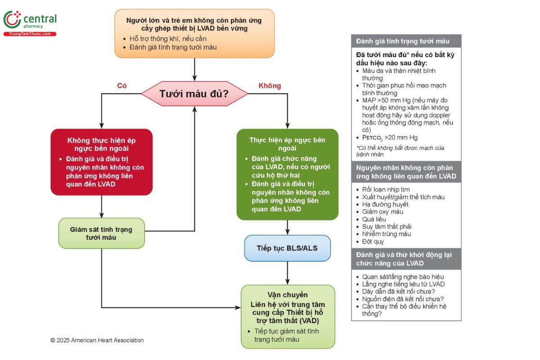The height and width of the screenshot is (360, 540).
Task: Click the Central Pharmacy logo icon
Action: pos(12,20)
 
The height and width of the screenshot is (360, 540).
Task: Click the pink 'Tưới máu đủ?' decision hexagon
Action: pos(194,94)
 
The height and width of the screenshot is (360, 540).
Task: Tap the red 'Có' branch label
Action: pos(121,85)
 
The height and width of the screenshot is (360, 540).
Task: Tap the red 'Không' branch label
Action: pos(270,85)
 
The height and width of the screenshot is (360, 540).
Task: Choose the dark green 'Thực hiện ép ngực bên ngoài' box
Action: pos(287,174)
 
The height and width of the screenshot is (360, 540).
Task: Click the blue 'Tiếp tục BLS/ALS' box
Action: pos(287,248)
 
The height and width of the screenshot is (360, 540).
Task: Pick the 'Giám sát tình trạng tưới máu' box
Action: pos(101,233)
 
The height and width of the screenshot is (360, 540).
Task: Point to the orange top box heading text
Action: pos(194,24)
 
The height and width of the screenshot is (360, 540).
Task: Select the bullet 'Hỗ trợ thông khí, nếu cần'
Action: pos(168,39)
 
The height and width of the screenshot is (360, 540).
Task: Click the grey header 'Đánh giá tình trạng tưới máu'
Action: pos(403,41)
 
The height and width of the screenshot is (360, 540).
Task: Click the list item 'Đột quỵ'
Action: pos(373,241)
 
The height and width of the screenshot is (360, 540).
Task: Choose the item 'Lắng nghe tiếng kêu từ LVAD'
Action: pos(403,284)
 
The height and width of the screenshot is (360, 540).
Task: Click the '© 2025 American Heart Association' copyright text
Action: pos(97,340)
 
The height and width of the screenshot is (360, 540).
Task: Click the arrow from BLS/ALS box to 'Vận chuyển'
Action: pos(288,273)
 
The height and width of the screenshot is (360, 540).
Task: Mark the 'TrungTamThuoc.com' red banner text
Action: pos(30,34)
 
